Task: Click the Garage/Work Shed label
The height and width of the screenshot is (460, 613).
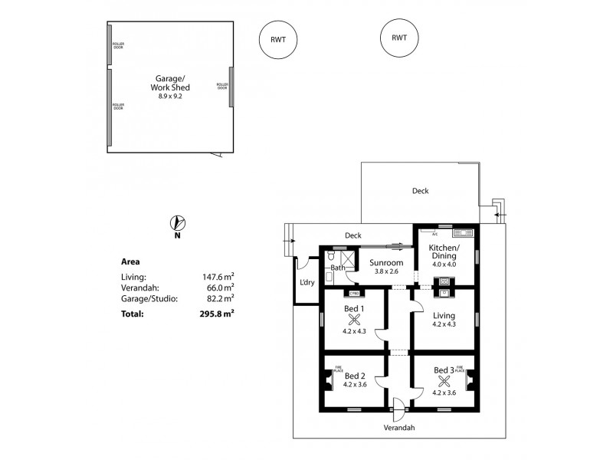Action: tap(169, 83)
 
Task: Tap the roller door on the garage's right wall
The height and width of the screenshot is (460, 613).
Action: tap(231, 86)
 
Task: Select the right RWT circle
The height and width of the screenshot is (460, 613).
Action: tap(398, 38)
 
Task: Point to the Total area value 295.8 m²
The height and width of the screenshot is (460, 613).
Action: tap(217, 314)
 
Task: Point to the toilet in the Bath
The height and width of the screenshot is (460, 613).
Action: tap(331, 258)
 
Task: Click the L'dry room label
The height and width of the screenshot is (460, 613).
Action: tap(307, 283)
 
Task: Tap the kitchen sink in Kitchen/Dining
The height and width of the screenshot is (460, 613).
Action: tap(462, 232)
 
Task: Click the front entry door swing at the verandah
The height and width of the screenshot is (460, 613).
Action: tap(398, 407)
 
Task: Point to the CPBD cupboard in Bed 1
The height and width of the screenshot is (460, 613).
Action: tap(354, 293)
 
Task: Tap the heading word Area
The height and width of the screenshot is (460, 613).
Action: tap(131, 261)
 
